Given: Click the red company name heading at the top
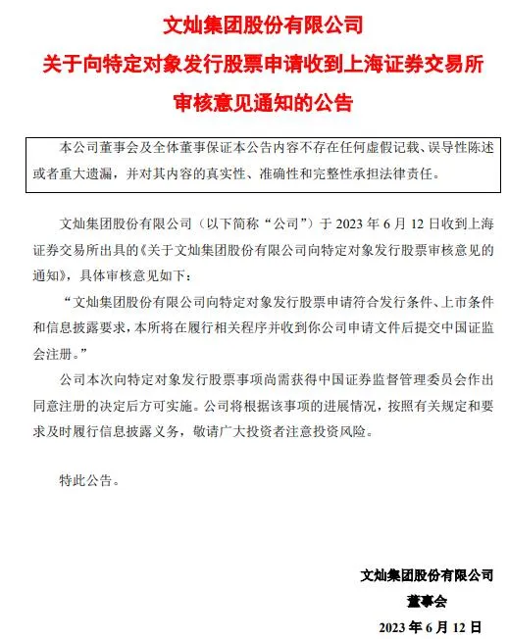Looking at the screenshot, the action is point(254,20).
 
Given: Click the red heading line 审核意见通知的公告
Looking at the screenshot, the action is point(254,100).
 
